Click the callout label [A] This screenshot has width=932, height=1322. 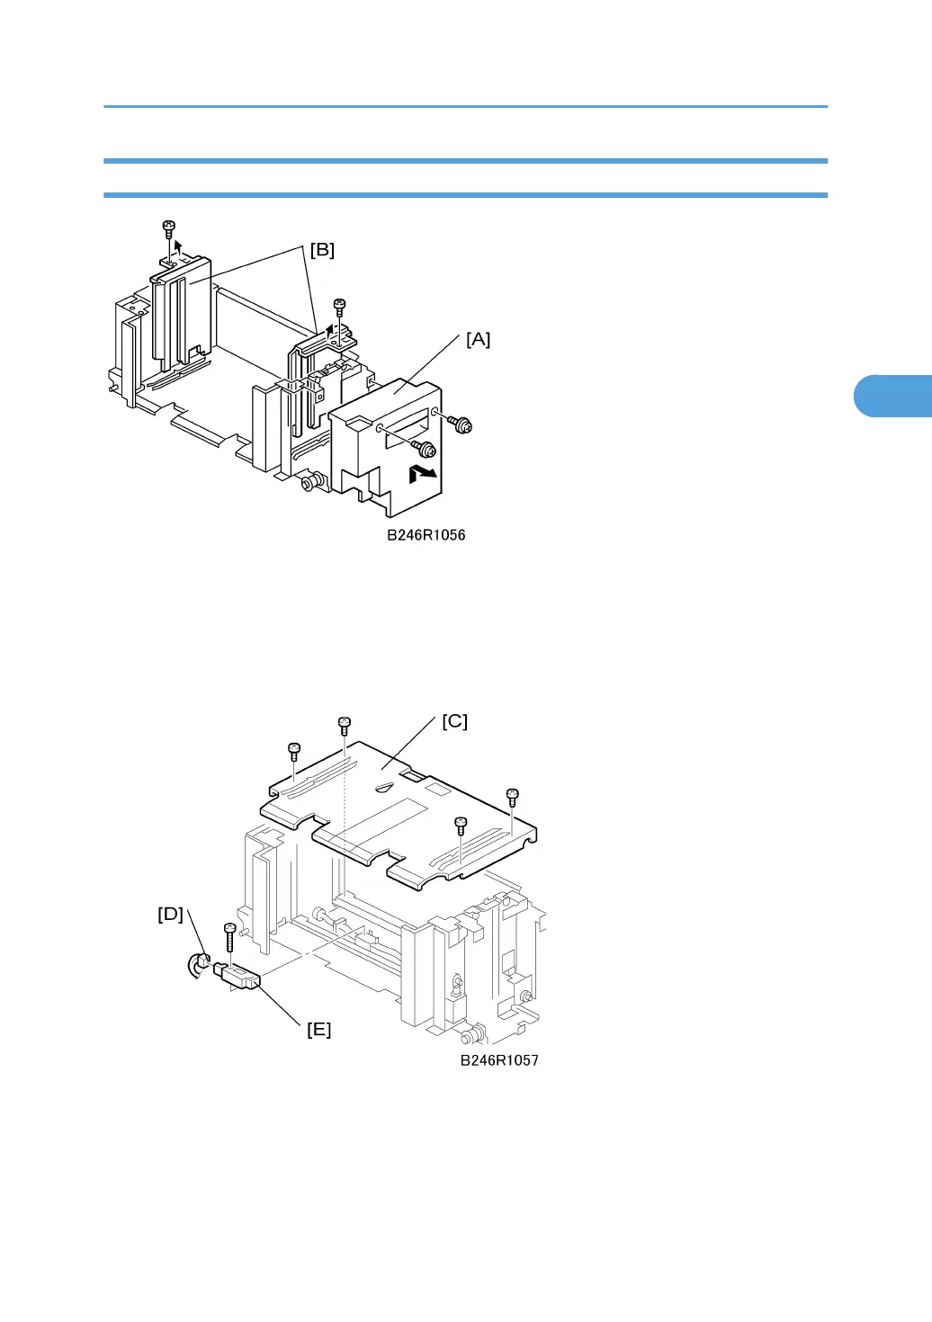[x=478, y=339]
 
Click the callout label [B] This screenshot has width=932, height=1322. [x=322, y=250]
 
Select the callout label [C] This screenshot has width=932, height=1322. [x=454, y=721]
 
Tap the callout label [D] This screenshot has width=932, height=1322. [x=170, y=915]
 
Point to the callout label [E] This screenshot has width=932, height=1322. [x=319, y=1030]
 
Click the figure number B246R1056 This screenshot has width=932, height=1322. [x=426, y=535]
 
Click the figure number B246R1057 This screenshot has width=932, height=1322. [x=499, y=1060]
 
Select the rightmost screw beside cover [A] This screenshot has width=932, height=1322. [x=463, y=423]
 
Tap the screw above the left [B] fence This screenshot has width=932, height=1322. [x=168, y=228]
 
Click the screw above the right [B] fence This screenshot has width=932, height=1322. [x=339, y=307]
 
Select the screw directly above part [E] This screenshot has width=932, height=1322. [x=229, y=933]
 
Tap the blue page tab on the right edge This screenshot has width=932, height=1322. [x=892, y=396]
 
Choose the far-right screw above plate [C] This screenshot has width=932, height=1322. [x=512, y=797]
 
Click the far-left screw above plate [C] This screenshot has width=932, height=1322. [x=293, y=750]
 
